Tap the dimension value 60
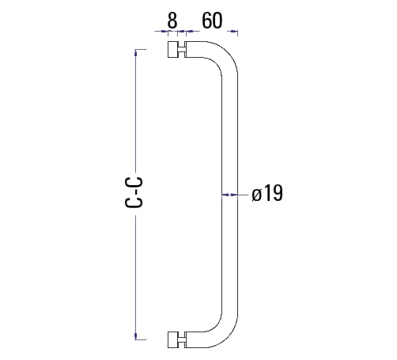[212, 20]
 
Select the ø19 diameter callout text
[267, 194]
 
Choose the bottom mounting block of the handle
[174, 341]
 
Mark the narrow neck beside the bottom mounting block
[183, 341]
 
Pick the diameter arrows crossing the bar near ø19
[231, 194]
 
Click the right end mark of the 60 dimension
[235, 32]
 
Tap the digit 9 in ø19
[277, 194]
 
